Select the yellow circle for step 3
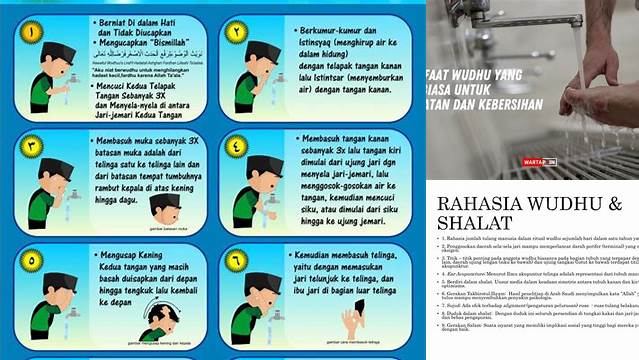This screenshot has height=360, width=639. tap(30, 147)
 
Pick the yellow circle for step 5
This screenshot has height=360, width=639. tap(30, 259)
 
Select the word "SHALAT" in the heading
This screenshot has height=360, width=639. tap(475, 223)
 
